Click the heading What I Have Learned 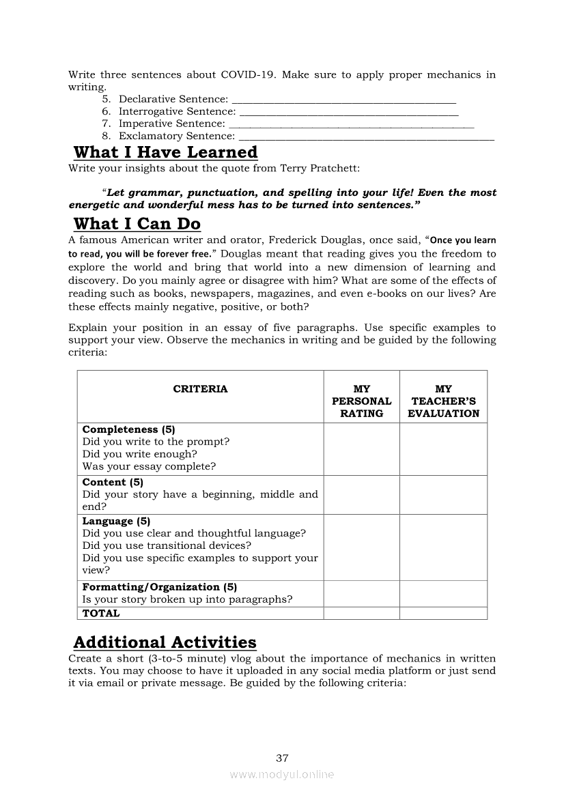click(x=165, y=152)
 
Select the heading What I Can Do click(x=137, y=223)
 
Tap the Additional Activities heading click(x=165, y=642)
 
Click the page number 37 click(x=282, y=758)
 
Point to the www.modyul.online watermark click(x=282, y=775)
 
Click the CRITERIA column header click(x=200, y=389)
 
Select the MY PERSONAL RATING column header click(x=361, y=401)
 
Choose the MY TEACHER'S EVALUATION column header click(x=443, y=401)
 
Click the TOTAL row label click(x=101, y=613)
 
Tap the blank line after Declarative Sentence click(x=343, y=100)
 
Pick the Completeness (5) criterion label click(x=129, y=429)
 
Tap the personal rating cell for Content click(x=361, y=495)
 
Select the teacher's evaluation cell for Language click(x=443, y=547)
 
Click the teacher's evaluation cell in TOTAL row click(x=443, y=613)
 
